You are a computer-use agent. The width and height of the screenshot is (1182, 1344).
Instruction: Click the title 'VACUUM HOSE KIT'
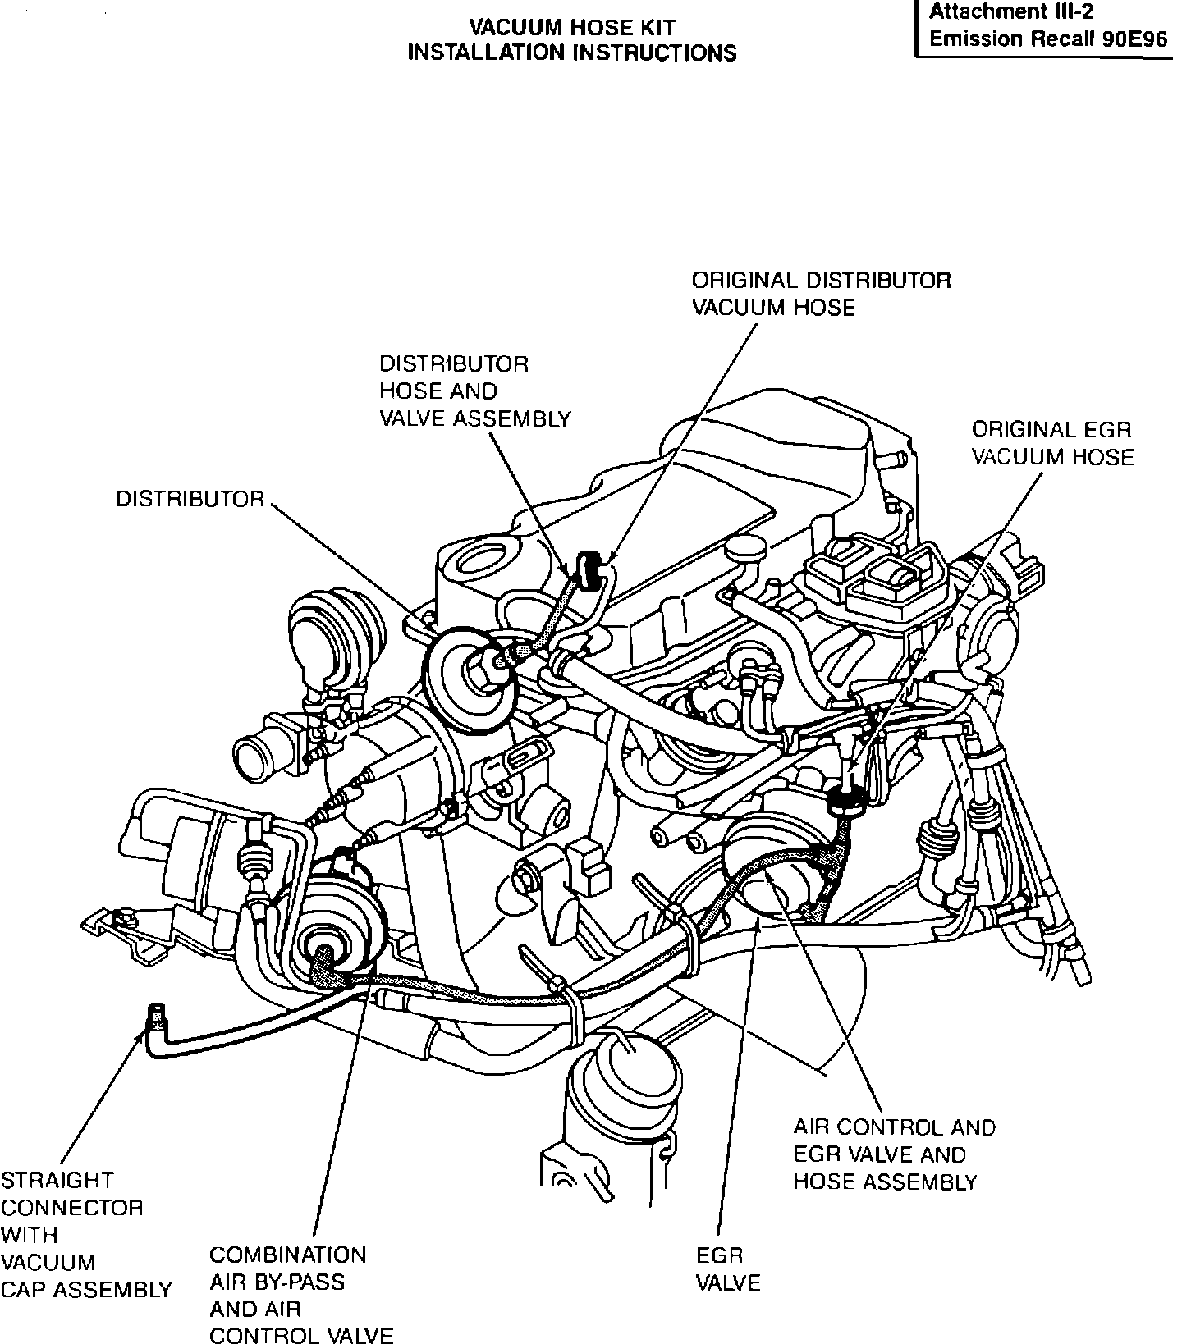coord(572,27)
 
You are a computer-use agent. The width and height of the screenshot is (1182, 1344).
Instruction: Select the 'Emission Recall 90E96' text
coord(1048,39)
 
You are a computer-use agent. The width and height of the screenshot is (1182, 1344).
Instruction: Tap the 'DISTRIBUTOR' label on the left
coord(190,499)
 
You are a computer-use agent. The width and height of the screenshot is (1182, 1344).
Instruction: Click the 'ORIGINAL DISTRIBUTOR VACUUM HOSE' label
coord(821,294)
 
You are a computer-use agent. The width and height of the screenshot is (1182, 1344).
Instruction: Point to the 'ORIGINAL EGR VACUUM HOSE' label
coord(1052,443)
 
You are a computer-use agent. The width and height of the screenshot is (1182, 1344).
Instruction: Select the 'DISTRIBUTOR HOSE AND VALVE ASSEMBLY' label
coord(474,391)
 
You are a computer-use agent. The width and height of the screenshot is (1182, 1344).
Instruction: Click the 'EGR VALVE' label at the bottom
coord(727,1269)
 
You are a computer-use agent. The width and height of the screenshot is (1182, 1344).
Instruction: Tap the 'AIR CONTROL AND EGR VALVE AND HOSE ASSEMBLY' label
coord(893,1154)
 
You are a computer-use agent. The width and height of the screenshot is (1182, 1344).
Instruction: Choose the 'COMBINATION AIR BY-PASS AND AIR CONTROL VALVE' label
coord(300,1295)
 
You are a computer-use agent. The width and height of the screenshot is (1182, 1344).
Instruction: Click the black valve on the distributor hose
coord(587,569)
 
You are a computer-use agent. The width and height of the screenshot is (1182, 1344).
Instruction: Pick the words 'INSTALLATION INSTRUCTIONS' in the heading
coord(572,53)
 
